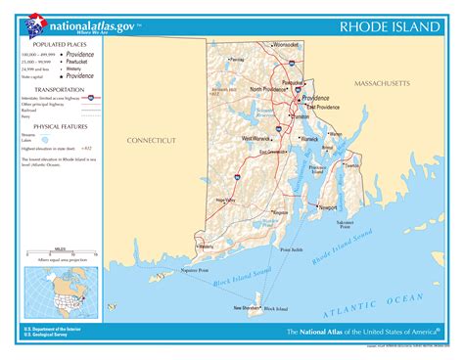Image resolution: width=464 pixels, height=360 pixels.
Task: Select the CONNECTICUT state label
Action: [152, 141]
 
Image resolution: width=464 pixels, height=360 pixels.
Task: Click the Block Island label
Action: [275, 309]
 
